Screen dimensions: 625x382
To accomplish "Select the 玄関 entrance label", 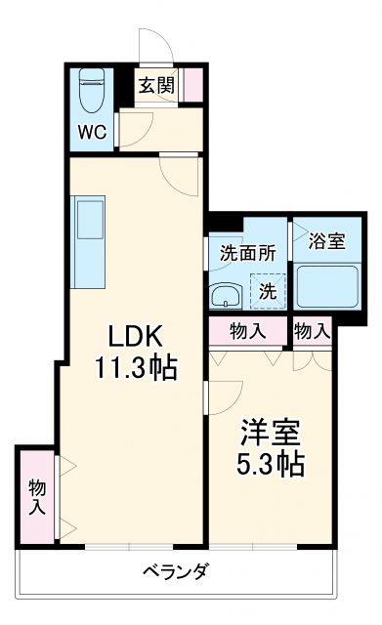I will coord(155,85).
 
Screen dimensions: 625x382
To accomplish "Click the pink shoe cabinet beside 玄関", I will coord(194,84).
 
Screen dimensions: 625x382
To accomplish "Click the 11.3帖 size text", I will coord(135,369).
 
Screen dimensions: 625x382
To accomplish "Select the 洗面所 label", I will coord(247,251).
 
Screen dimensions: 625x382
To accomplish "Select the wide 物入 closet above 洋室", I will coord(248,331).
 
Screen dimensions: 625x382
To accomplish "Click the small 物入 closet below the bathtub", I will coord(312,331).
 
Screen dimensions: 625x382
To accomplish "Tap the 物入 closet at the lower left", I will coord(37,495).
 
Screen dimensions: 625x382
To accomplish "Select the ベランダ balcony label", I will coord(176,571).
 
